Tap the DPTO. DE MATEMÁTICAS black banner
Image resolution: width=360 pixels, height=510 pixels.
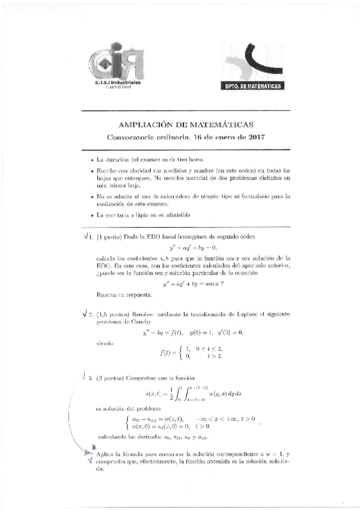(252, 86)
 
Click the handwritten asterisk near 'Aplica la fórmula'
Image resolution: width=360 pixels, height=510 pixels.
(93, 448)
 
